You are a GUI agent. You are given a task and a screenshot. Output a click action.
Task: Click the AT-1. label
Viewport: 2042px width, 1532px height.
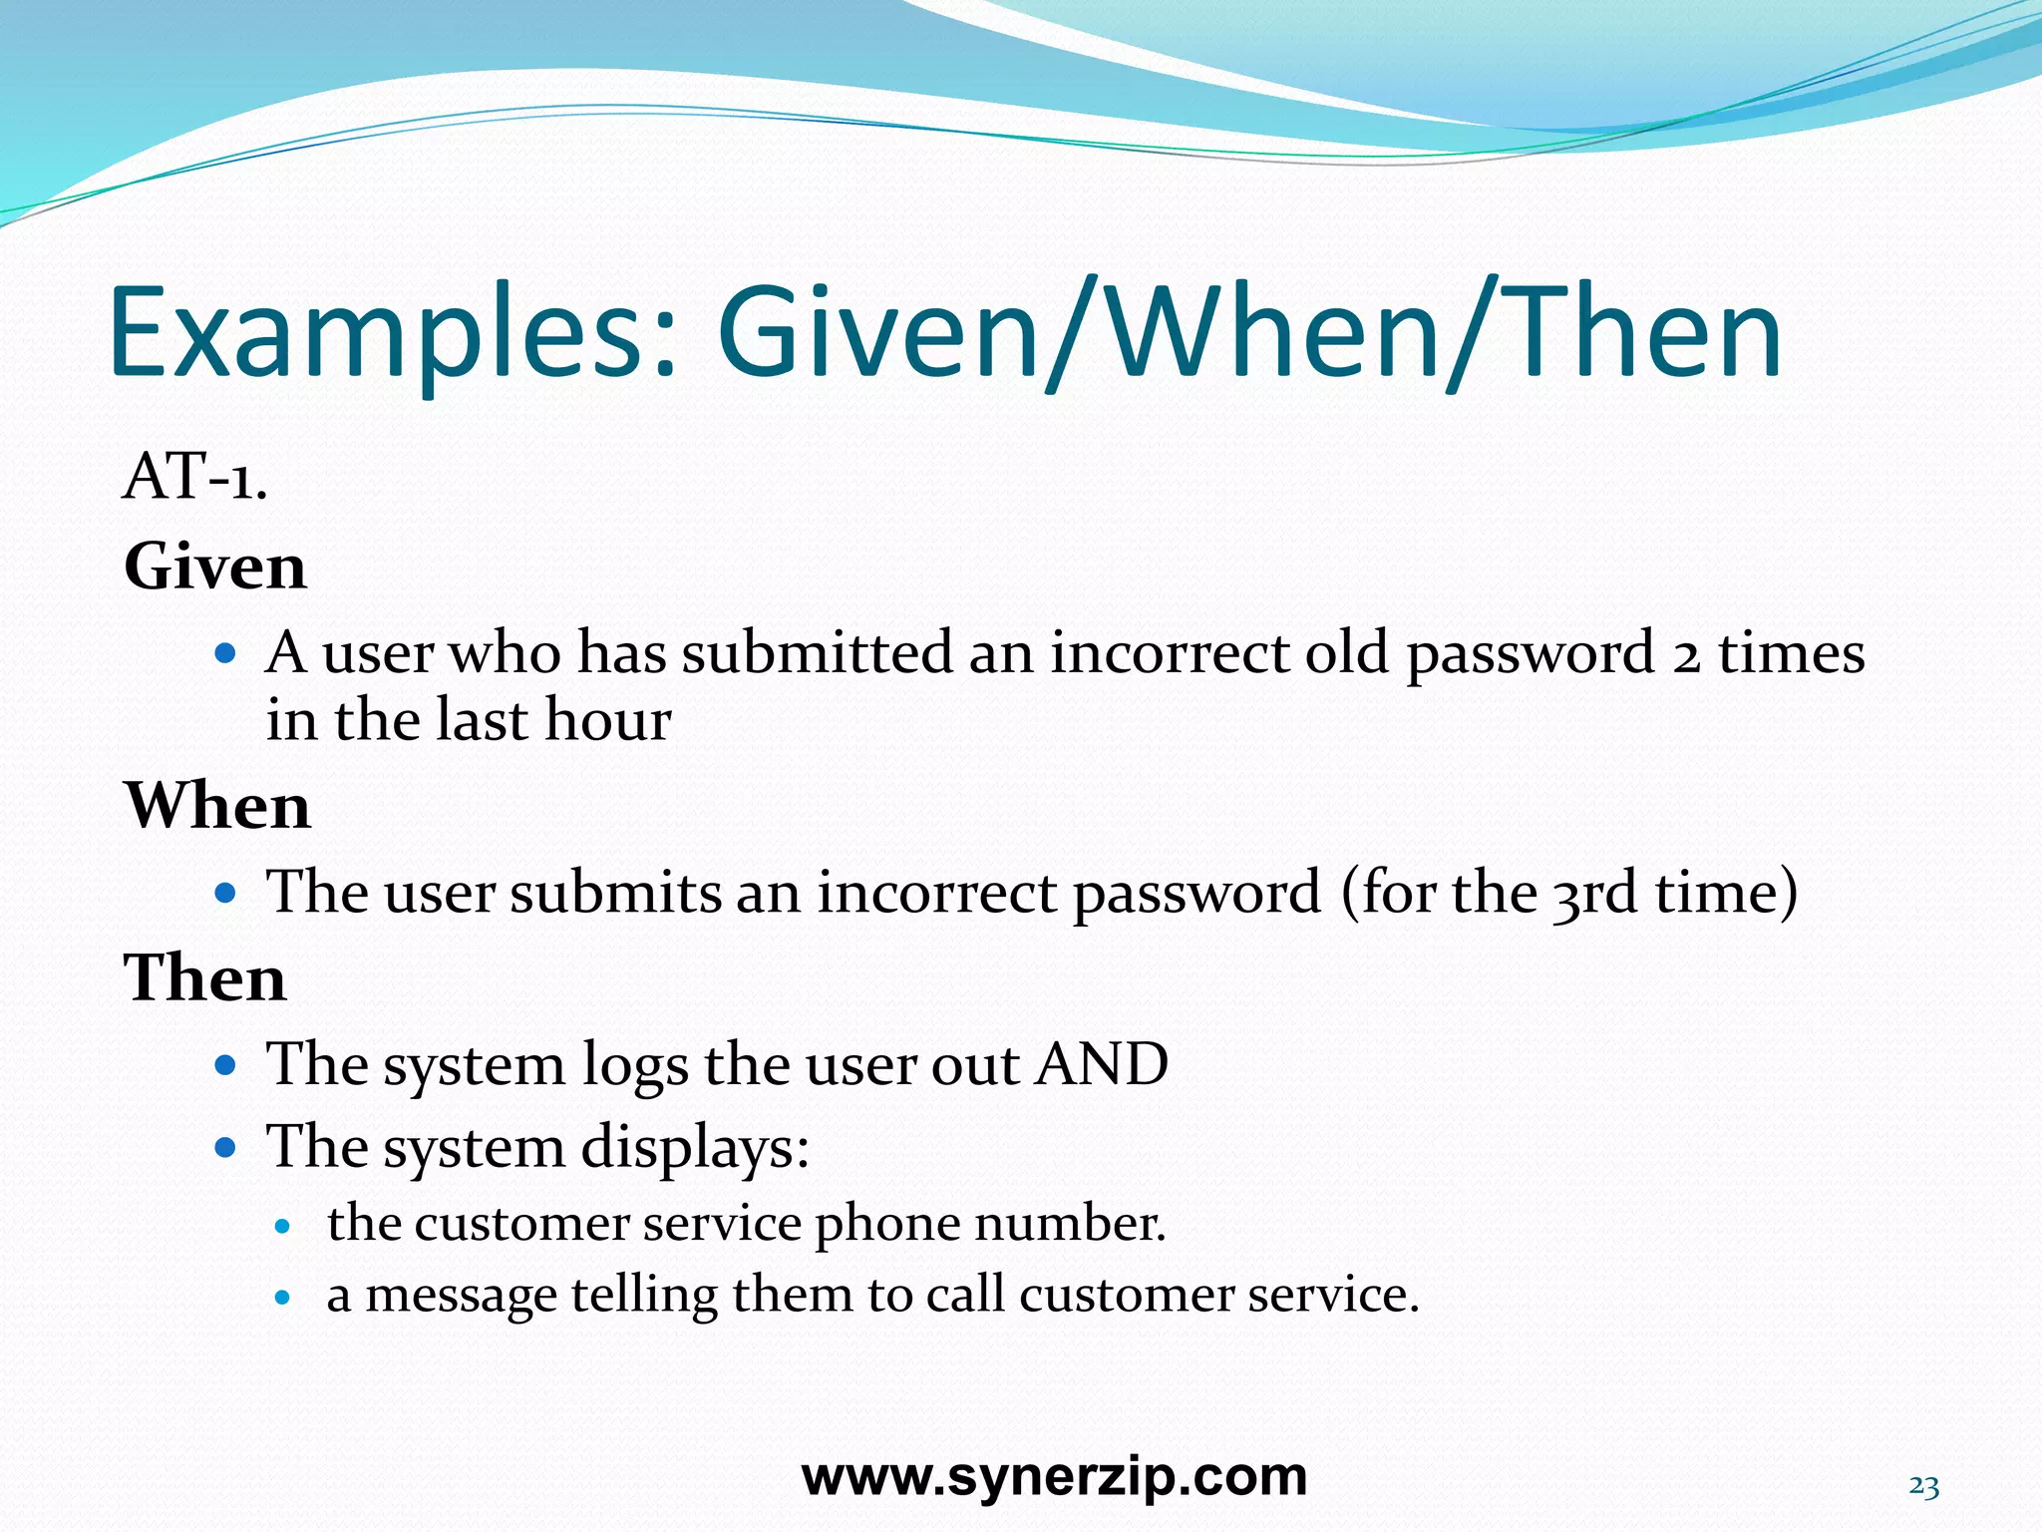[x=195, y=477]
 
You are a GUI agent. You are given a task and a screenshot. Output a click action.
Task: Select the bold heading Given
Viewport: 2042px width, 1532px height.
[x=215, y=567]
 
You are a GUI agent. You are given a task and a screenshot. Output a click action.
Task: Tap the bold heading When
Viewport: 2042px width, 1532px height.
[x=217, y=806]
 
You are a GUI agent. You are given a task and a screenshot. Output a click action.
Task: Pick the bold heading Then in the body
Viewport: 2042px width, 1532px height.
[x=205, y=977]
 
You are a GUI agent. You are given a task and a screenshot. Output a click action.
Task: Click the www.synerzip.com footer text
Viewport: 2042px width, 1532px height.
[x=1054, y=1477]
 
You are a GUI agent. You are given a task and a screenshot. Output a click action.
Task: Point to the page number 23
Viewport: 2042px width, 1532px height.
[x=1923, y=1486]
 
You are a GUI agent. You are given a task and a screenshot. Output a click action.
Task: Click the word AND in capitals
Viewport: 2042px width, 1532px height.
[x=1102, y=1063]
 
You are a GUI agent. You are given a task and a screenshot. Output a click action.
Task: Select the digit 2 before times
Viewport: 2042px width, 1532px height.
[x=1685, y=656]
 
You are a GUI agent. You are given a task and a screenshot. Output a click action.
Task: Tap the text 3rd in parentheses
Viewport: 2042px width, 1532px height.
[x=1593, y=892]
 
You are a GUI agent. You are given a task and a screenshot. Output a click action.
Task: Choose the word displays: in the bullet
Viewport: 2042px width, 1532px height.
[x=695, y=1147]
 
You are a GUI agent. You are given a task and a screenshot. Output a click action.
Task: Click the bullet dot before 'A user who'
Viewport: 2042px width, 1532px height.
[x=225, y=654]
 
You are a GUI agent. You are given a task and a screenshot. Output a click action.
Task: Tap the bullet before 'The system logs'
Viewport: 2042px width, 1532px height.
[x=225, y=1065]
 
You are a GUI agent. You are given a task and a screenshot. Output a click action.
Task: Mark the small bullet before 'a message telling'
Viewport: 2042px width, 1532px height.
[x=284, y=1299]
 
